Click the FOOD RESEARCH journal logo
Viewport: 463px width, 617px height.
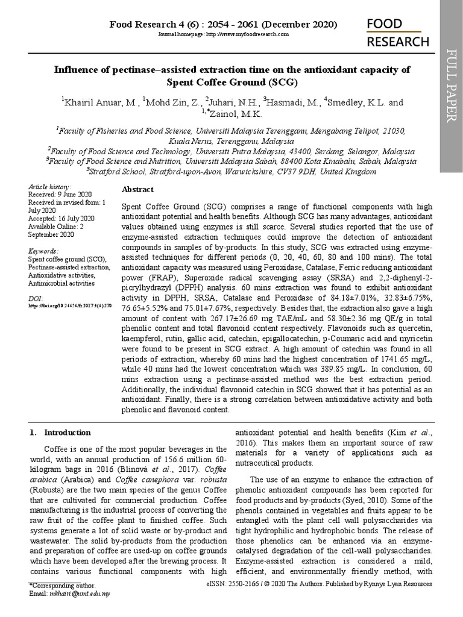pyautogui.click(x=398, y=33)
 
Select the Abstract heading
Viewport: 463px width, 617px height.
pyautogui.click(x=138, y=189)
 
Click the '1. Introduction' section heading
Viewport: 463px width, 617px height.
pyautogui.click(x=60, y=433)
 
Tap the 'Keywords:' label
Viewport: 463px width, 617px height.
pyautogui.click(x=44, y=251)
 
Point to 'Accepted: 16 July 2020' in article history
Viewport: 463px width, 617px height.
pyautogui.click(x=61, y=218)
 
